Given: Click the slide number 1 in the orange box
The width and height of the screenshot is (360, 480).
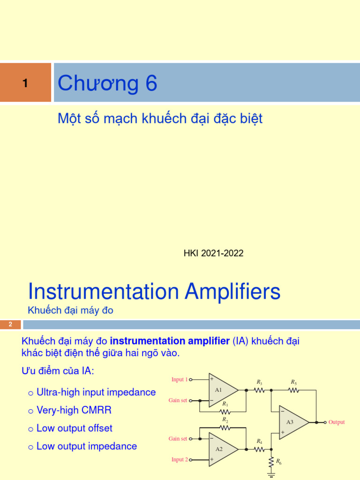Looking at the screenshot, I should [25, 83].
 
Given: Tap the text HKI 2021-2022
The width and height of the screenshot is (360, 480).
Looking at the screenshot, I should [213, 253].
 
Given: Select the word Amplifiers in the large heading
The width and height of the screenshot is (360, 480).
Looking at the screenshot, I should [232, 292].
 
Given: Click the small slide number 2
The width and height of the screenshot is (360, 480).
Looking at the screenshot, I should [10, 324].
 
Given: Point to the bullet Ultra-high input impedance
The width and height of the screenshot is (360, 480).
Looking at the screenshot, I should [96, 392].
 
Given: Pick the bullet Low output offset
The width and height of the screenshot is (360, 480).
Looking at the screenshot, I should [74, 428].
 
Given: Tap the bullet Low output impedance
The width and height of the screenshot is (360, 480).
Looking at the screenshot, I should [87, 446].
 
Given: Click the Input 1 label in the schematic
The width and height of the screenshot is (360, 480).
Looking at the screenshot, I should [180, 380].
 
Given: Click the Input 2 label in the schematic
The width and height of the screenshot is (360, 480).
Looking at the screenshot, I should [180, 459].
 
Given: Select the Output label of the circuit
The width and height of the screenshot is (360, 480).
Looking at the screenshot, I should [337, 422].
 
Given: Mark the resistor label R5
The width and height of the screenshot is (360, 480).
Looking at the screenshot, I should [294, 382].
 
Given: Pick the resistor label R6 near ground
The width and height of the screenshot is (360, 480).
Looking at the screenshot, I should [279, 462].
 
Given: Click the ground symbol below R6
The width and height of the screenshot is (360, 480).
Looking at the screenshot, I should [271, 474].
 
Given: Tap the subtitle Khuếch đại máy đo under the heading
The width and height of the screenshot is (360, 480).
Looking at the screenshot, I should [70, 310].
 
